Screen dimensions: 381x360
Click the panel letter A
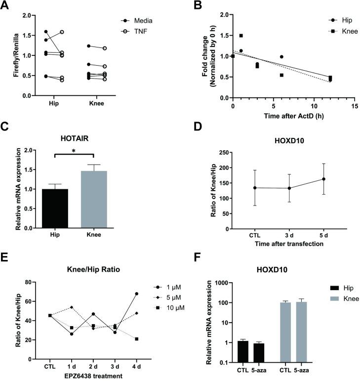point(6,5)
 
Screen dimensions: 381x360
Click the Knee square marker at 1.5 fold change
point(241,36)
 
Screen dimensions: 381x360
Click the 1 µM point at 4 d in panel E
point(136,294)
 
